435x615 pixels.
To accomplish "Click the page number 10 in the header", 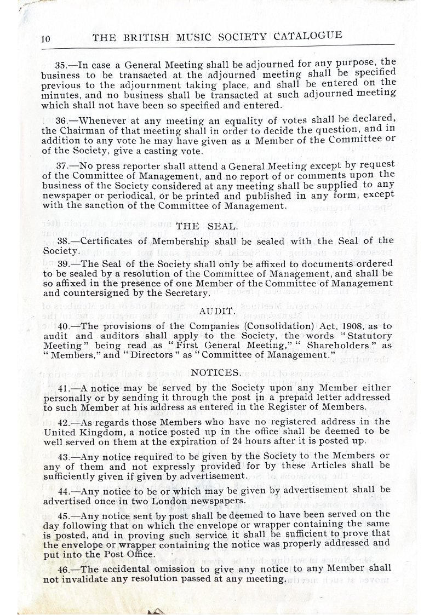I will click(x=45, y=38).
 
